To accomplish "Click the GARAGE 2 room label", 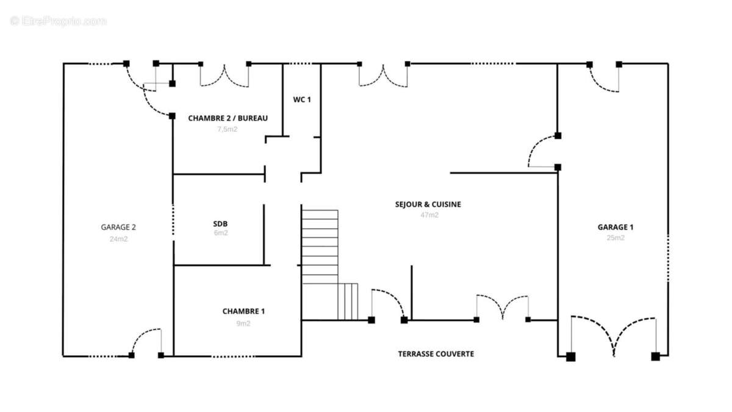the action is pyautogui.click(x=118, y=227).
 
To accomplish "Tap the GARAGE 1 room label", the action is pyautogui.click(x=615, y=227).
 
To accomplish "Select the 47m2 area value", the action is pyautogui.click(x=429, y=215).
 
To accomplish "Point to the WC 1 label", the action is pyautogui.click(x=302, y=99).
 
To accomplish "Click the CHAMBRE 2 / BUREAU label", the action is pyautogui.click(x=228, y=118).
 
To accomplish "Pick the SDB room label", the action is pyautogui.click(x=220, y=224).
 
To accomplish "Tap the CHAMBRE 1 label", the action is pyautogui.click(x=243, y=311).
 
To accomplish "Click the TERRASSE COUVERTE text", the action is pyautogui.click(x=436, y=354).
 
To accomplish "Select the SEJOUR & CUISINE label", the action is pyautogui.click(x=428, y=204).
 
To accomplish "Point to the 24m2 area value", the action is pyautogui.click(x=118, y=239).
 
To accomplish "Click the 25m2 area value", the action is pyautogui.click(x=615, y=237).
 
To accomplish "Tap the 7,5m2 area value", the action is pyautogui.click(x=228, y=129).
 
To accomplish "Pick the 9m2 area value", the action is pyautogui.click(x=243, y=323).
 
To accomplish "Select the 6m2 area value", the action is pyautogui.click(x=221, y=233).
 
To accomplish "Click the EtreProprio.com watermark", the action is pyautogui.click(x=58, y=21).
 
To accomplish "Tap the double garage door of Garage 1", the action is pyautogui.click(x=614, y=337).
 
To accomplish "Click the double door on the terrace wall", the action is pyautogui.click(x=502, y=308).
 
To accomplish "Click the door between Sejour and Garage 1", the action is pyautogui.click(x=543, y=151).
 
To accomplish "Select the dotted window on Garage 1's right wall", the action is pyautogui.click(x=668, y=258).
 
